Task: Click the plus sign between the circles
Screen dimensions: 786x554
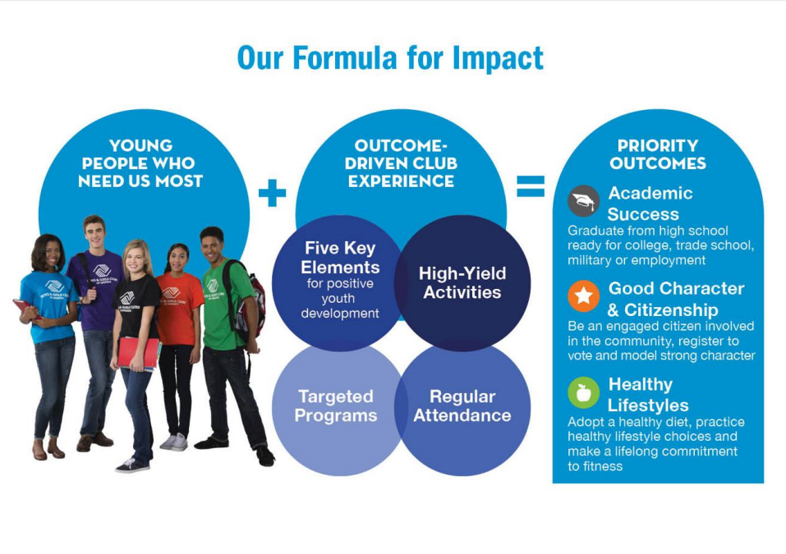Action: point(272,193)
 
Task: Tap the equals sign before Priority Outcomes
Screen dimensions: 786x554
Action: point(531,186)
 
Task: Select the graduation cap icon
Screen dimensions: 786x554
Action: point(583,200)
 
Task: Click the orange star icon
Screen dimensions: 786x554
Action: point(583,296)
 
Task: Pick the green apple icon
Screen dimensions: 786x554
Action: point(583,392)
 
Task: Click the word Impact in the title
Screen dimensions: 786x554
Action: point(498,57)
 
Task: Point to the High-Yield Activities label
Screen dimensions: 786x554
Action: point(462,283)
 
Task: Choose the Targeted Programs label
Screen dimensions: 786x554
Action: point(336,405)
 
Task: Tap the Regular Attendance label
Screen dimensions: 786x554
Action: point(462,405)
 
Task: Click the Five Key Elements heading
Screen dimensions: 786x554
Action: point(340,258)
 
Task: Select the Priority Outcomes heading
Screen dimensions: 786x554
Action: point(658,154)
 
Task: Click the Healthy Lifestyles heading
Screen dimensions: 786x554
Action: point(648,395)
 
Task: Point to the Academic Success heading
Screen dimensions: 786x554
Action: point(650,204)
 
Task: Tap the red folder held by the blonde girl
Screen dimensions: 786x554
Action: point(138,352)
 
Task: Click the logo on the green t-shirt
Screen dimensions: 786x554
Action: point(213,288)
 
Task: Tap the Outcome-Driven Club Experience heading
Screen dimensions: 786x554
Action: point(401,163)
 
